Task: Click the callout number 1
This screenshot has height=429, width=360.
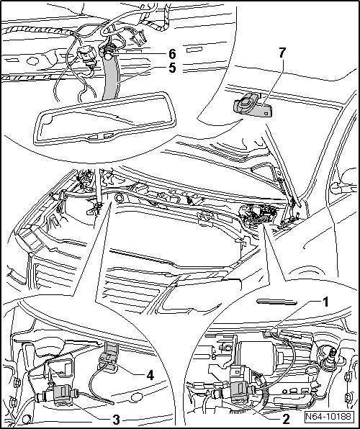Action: point(325,302)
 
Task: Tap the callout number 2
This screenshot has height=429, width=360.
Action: point(286,419)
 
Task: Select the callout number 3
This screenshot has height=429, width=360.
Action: point(116,420)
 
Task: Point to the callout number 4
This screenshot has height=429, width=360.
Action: point(150,376)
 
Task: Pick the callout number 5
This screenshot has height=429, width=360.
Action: point(172,68)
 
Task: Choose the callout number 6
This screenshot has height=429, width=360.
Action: point(172,54)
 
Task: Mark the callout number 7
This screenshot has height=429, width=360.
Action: point(282,53)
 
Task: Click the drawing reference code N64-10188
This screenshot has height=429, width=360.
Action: point(328,417)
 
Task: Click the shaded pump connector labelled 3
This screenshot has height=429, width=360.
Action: point(64,394)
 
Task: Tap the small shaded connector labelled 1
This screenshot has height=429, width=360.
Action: point(267,333)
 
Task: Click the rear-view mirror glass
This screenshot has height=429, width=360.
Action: point(105,118)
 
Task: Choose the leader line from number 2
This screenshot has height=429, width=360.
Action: point(261,409)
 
